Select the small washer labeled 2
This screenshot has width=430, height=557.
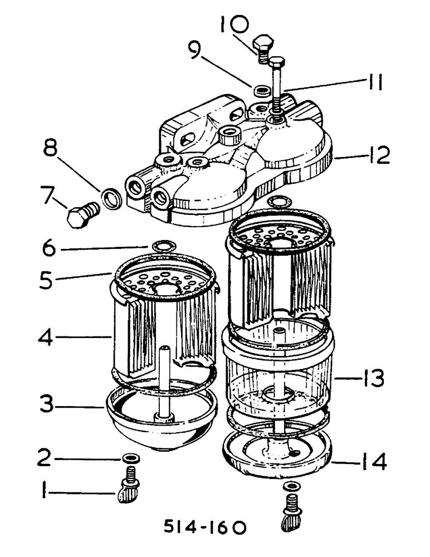pos(132,458)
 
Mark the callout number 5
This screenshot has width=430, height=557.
pos(48,279)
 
